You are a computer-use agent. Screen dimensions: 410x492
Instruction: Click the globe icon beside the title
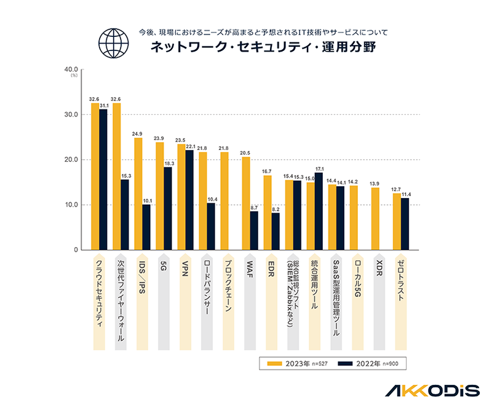tap(115, 41)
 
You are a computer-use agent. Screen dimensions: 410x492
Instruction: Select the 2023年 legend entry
tap(296, 364)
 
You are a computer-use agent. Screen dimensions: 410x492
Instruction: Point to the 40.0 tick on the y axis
tap(72, 69)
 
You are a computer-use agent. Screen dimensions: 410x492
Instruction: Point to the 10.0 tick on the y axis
tap(72, 205)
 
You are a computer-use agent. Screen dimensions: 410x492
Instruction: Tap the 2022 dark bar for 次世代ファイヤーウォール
tap(125, 215)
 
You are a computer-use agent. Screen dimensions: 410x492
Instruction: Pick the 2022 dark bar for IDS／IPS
tap(146, 227)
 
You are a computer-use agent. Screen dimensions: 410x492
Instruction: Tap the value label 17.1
tap(319, 168)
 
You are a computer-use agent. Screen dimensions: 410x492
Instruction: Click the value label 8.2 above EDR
tap(276, 208)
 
